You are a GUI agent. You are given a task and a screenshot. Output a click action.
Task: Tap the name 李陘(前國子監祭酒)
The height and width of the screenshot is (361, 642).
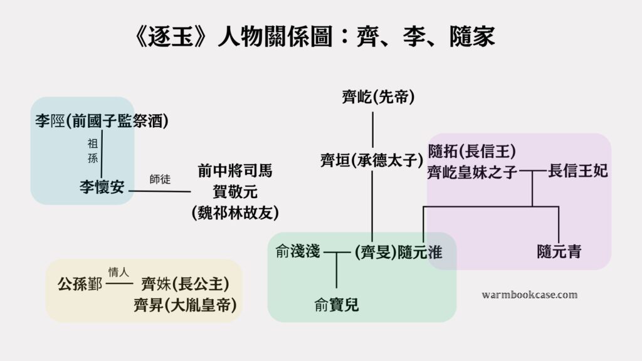[x=102, y=121]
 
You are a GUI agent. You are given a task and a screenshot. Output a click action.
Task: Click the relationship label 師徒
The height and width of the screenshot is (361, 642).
[x=160, y=178]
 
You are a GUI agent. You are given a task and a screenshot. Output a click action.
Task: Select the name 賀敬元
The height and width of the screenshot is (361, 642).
[x=235, y=191]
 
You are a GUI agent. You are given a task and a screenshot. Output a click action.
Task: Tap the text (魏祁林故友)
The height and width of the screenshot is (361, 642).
[x=235, y=212]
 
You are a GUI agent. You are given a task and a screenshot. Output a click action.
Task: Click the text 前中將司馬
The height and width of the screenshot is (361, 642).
[x=235, y=170]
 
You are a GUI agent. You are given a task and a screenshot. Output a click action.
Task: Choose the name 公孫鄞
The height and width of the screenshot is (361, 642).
[x=80, y=284]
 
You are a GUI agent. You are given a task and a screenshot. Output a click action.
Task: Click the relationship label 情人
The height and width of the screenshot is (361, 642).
[x=118, y=273]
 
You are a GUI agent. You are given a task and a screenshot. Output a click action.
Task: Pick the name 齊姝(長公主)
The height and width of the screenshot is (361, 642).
[x=184, y=284]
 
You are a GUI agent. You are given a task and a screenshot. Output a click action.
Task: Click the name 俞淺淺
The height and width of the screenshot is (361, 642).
[x=298, y=252]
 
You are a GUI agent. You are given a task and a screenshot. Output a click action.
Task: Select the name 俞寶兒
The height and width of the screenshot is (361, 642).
[x=337, y=306]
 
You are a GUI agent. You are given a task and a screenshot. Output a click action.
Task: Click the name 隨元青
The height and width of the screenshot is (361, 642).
[x=559, y=252]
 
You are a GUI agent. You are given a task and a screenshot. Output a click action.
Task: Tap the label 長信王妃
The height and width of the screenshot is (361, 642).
[x=578, y=170]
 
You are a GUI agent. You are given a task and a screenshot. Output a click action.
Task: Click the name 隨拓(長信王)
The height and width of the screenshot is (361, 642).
[x=472, y=151]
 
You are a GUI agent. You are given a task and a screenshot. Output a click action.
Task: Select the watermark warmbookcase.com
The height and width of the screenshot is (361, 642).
[x=530, y=295]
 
